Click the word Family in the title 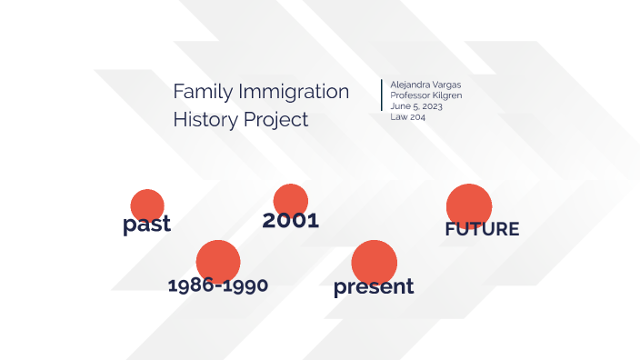click(x=203, y=92)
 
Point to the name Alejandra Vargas click(x=425, y=85)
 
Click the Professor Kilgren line click(x=425, y=95)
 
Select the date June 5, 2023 click(x=416, y=106)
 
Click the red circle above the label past click(x=147, y=205)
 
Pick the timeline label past click(x=146, y=225)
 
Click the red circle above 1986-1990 click(x=218, y=262)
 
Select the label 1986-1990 click(x=218, y=285)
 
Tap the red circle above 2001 click(x=291, y=200)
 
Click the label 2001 click(x=291, y=221)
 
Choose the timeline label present click(x=374, y=287)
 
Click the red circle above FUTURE click(x=469, y=205)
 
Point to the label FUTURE click(x=482, y=229)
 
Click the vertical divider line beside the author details click(x=381, y=95)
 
